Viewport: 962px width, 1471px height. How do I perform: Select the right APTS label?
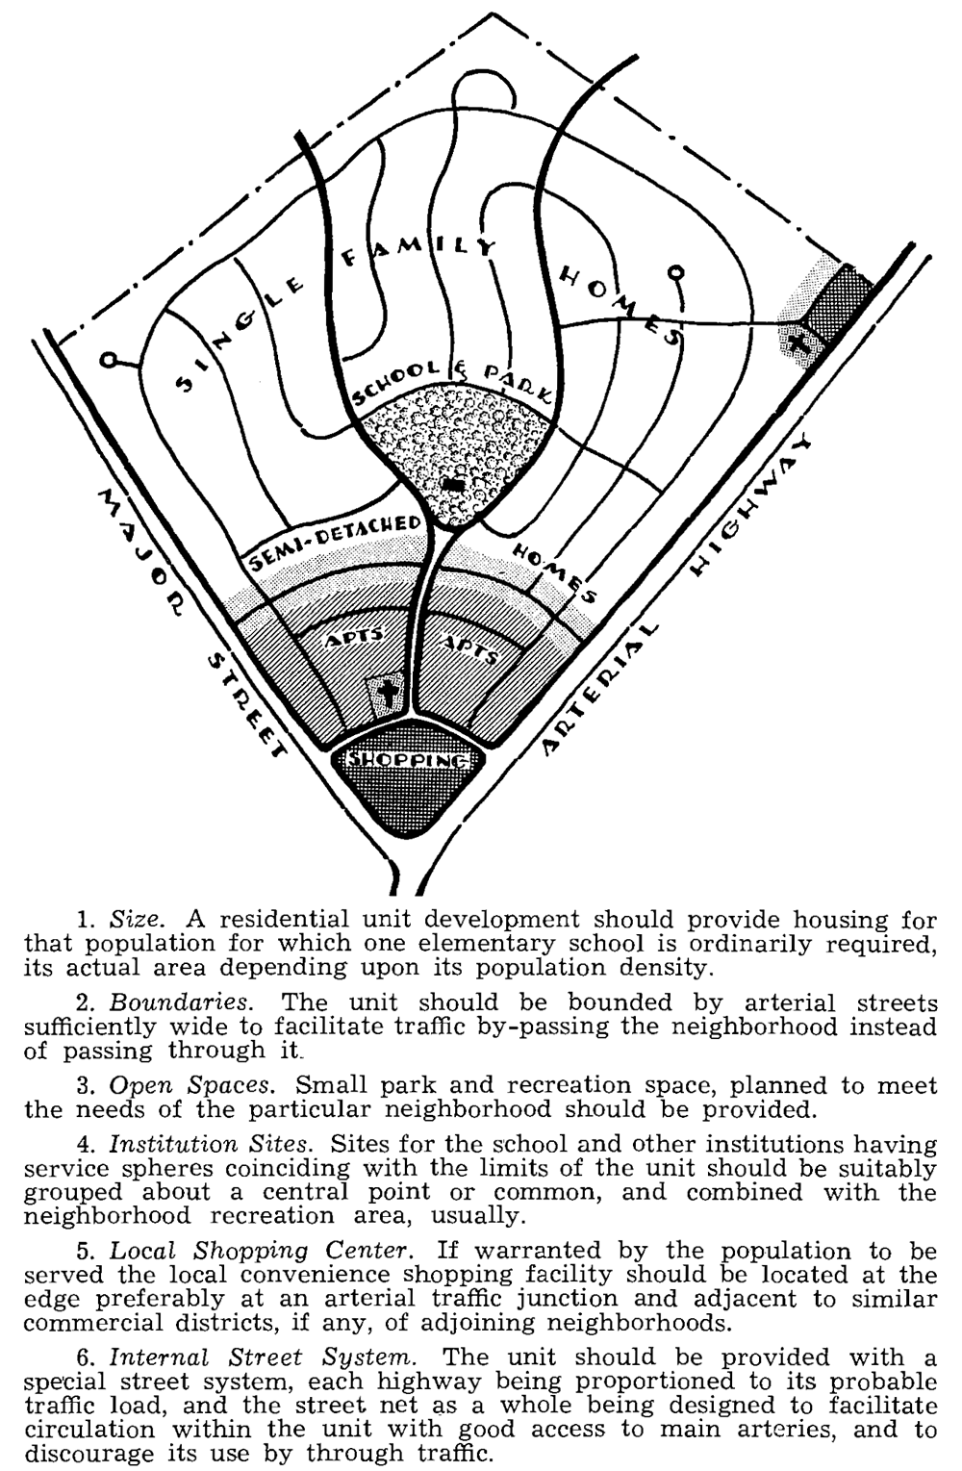(x=470, y=649)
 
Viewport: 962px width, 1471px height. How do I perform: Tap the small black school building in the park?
(x=455, y=485)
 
